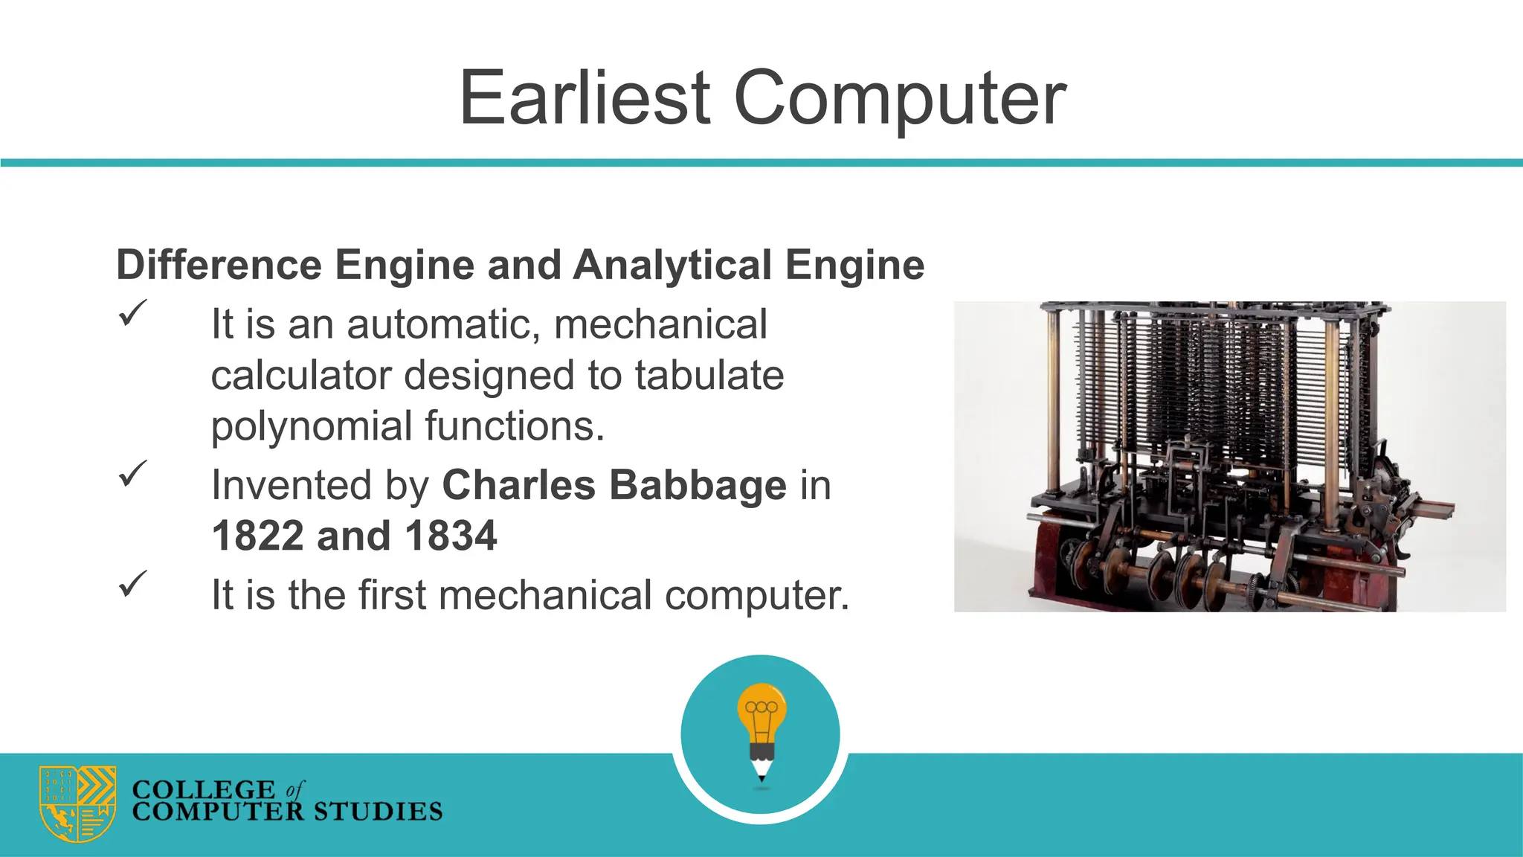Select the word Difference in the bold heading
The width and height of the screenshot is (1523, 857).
tap(219, 265)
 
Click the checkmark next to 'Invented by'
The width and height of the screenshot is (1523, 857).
tap(132, 473)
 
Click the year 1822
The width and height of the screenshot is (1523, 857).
tap(257, 536)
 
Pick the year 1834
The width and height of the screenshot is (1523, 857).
tap(451, 536)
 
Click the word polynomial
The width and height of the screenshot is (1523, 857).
tap(312, 427)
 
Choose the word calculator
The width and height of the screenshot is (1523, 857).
tap(301, 375)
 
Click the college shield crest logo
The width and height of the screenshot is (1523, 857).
tap(77, 803)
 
